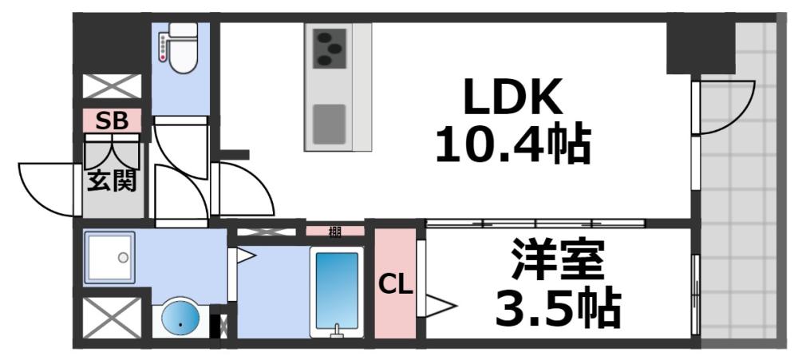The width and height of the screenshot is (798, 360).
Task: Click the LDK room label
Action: pyautogui.click(x=515, y=97)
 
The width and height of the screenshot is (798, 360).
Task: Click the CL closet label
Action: pyautogui.click(x=395, y=284)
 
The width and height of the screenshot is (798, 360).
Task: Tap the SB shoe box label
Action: pyautogui.click(x=113, y=121)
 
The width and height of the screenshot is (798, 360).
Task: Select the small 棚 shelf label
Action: pyautogui.click(x=335, y=232)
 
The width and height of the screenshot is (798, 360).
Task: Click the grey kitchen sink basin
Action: pyautogui.click(x=328, y=123)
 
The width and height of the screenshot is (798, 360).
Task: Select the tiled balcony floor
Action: pyautogui.click(x=738, y=224)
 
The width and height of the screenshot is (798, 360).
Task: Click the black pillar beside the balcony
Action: pyautogui.click(x=700, y=46)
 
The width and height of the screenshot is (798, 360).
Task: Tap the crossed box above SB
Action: pyautogui.click(x=113, y=85)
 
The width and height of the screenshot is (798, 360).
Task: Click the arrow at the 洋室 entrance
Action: pyautogui.click(x=440, y=304)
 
